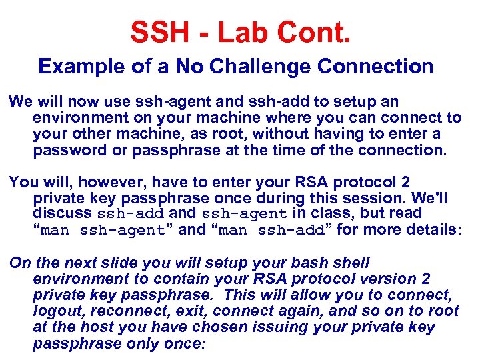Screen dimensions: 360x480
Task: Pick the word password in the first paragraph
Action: coord(63,150)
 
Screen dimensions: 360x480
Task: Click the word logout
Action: coord(57,311)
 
